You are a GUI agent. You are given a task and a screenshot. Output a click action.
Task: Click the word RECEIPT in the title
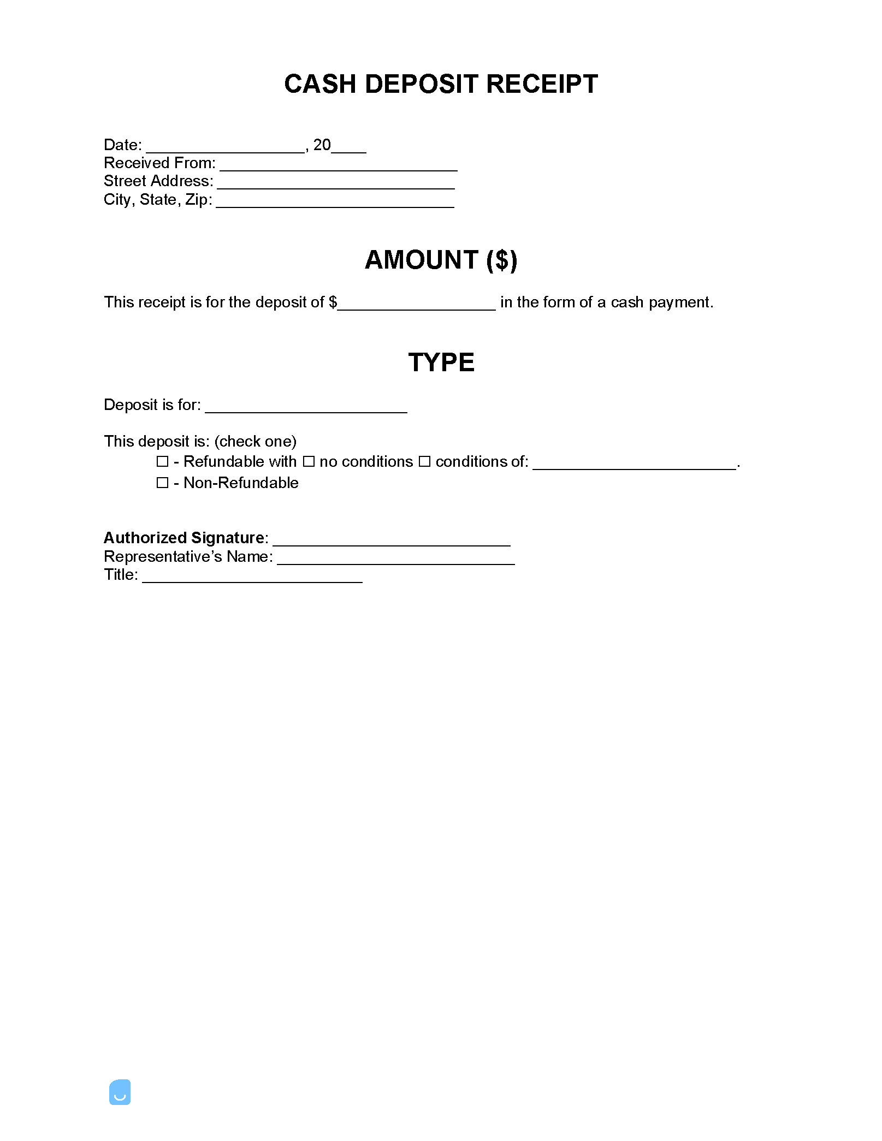pyautogui.click(x=542, y=84)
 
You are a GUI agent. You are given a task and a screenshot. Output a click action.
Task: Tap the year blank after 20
pyautogui.click(x=349, y=147)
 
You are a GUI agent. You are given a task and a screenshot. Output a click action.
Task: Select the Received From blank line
pyautogui.click(x=338, y=166)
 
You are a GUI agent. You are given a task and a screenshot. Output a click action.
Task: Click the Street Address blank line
pyautogui.click(x=336, y=184)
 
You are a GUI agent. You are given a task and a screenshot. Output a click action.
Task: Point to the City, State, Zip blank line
pyautogui.click(x=335, y=203)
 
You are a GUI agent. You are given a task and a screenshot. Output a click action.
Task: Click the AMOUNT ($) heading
pyautogui.click(x=441, y=260)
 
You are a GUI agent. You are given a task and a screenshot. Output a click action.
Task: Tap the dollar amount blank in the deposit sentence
pyautogui.click(x=416, y=305)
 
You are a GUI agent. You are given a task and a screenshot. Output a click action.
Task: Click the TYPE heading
pyautogui.click(x=441, y=362)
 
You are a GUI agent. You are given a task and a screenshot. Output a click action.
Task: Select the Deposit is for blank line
pyautogui.click(x=306, y=408)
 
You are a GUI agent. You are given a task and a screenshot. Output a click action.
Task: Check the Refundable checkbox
pyautogui.click(x=162, y=462)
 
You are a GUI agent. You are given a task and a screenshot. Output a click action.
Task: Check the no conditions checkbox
pyautogui.click(x=309, y=462)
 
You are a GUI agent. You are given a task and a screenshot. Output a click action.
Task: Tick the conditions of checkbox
pyautogui.click(x=424, y=462)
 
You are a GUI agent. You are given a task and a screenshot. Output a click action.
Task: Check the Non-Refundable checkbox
pyautogui.click(x=162, y=483)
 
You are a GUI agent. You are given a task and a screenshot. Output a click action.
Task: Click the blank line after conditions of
pyautogui.click(x=635, y=465)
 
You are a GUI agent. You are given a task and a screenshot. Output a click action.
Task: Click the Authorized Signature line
pyautogui.click(x=392, y=541)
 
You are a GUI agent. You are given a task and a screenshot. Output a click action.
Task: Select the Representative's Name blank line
pyautogui.click(x=396, y=560)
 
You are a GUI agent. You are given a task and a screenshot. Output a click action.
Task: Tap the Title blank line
pyautogui.click(x=252, y=578)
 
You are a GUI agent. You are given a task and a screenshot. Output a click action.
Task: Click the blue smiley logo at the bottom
pyautogui.click(x=120, y=1092)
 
